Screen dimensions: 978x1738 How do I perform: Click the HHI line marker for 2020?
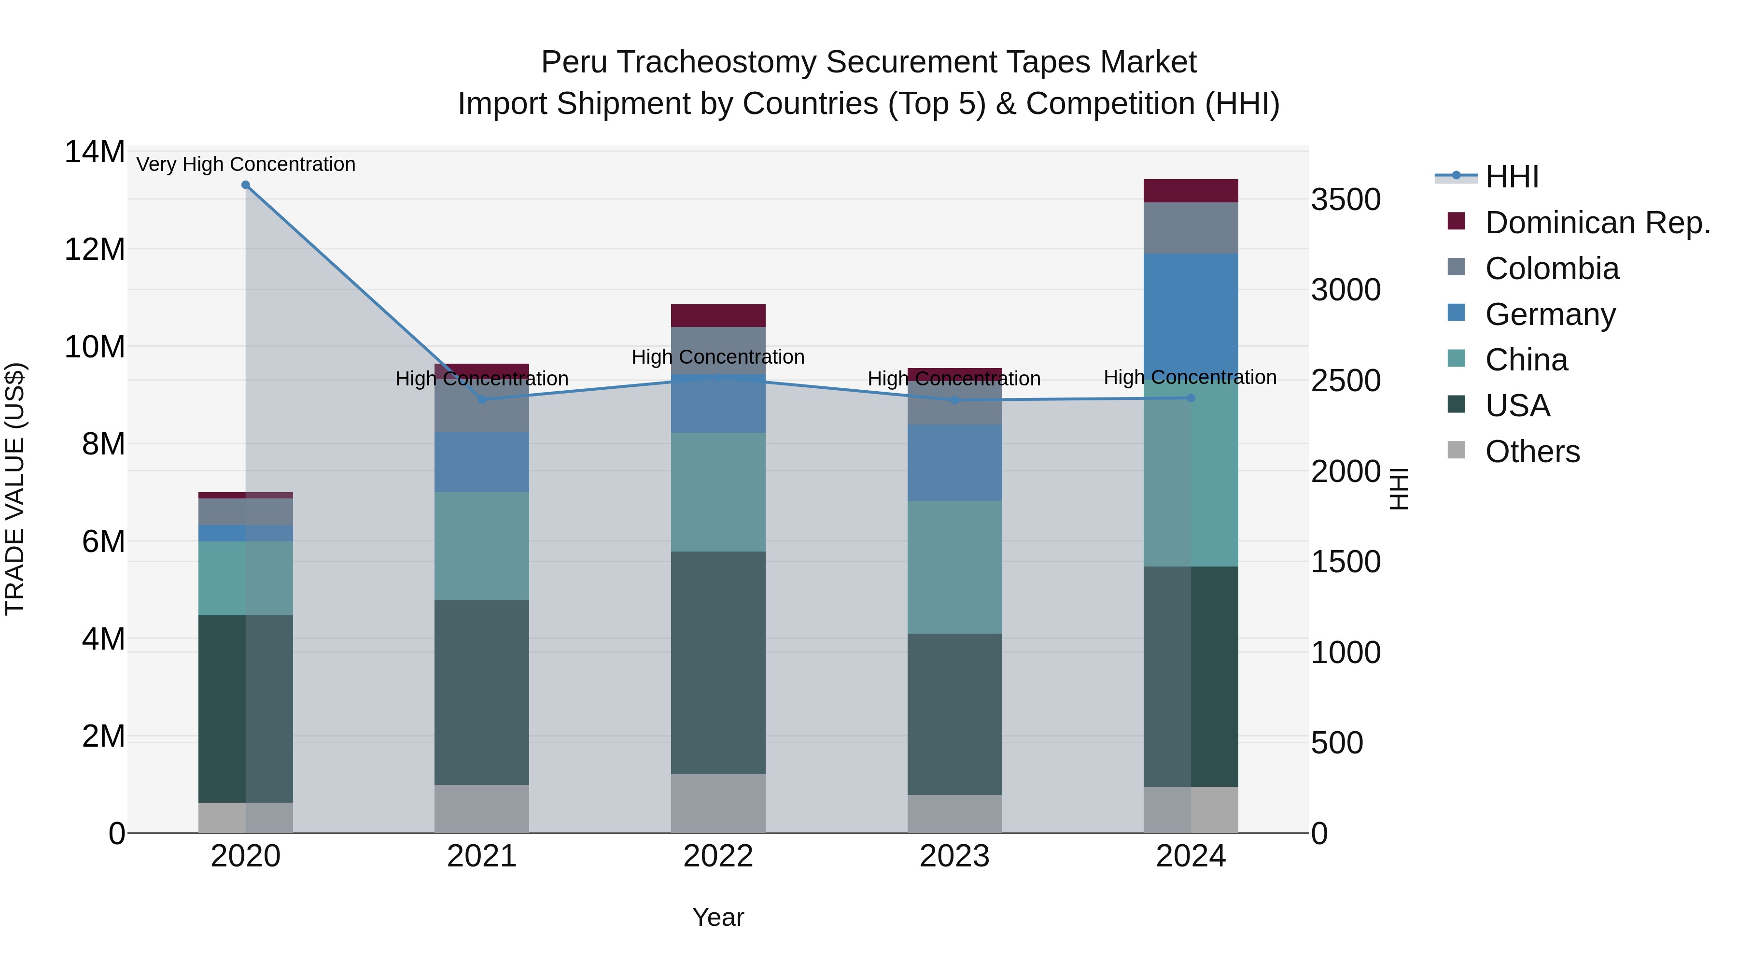[x=246, y=185]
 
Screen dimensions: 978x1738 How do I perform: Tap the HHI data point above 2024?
[x=1191, y=398]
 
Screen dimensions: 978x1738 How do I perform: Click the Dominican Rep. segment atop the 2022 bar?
[x=718, y=316]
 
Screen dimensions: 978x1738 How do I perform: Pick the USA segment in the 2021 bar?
[x=482, y=692]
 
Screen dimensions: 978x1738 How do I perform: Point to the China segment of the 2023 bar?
[x=954, y=567]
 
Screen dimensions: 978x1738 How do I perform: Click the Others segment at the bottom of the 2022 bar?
[x=718, y=803]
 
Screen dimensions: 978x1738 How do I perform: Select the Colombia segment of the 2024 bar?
[x=1191, y=228]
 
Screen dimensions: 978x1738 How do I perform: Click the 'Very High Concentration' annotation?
[x=246, y=165]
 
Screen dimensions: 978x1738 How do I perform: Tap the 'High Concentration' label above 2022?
[x=718, y=357]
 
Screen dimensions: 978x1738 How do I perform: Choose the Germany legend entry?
[x=1550, y=314]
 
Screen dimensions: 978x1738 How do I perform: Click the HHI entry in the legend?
[x=1511, y=177]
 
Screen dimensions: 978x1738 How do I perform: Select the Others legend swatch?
[x=1457, y=450]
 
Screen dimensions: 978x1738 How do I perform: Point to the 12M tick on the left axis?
[x=95, y=250]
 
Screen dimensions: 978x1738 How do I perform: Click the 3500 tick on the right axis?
[x=1346, y=200]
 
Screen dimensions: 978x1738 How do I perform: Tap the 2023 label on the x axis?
[x=954, y=856]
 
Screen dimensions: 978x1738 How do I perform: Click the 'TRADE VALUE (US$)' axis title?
[x=15, y=489]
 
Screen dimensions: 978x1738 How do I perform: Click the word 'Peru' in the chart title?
[x=574, y=63]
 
